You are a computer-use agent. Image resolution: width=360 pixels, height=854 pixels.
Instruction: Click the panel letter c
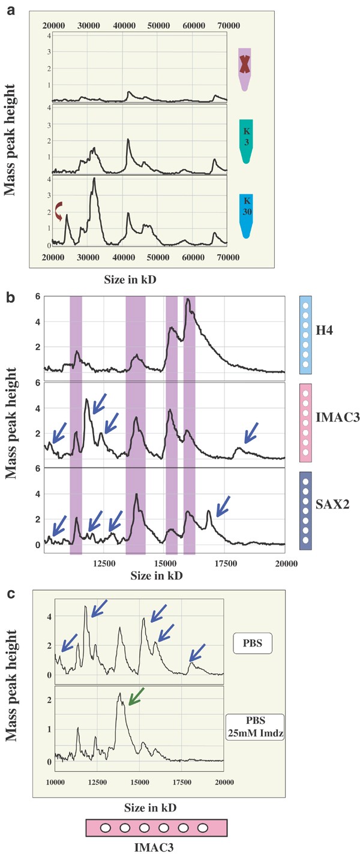pyautogui.click(x=10, y=596)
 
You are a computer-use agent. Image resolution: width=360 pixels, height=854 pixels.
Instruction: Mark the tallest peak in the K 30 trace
pyautogui.click(x=94, y=179)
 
